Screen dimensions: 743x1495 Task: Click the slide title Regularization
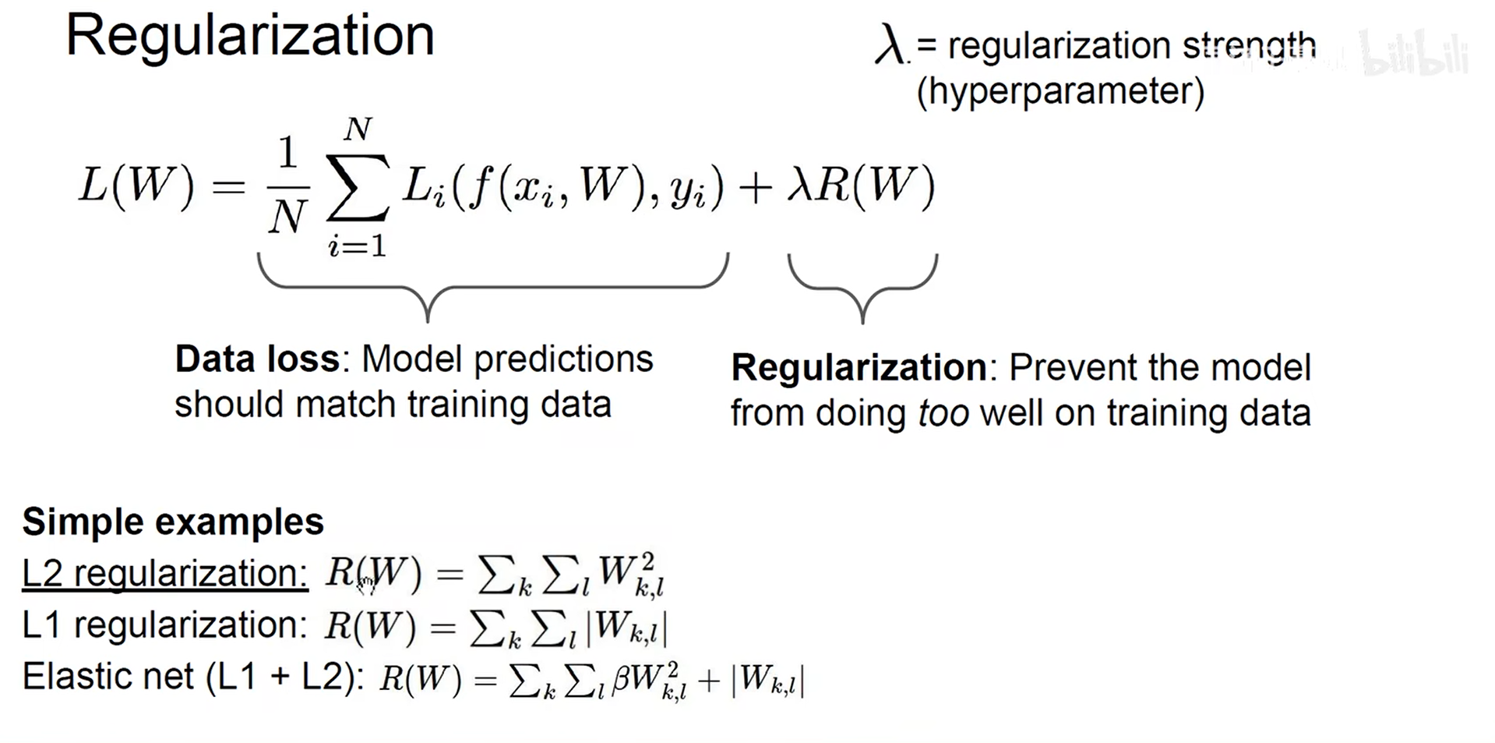[x=249, y=36]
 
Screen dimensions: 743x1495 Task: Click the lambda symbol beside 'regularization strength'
[x=890, y=45]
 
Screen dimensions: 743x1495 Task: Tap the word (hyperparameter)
[x=1060, y=91]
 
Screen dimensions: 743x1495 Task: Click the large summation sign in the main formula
[x=357, y=188]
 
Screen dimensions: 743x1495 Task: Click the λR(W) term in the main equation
[x=860, y=186]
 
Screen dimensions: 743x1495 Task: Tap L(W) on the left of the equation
[x=136, y=186]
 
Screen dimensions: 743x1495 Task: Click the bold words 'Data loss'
[x=256, y=359]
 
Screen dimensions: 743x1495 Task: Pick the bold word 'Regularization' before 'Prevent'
[x=859, y=367]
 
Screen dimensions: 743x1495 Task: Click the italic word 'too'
[x=943, y=413]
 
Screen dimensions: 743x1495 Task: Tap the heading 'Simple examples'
[x=173, y=522]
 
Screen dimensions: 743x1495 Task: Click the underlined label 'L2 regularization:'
[x=165, y=574]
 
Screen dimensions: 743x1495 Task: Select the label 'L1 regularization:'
[x=165, y=625]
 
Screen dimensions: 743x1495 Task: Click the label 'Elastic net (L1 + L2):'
[x=193, y=676]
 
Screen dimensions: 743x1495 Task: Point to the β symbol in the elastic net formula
[x=621, y=679]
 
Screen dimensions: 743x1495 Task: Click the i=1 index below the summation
[x=357, y=246]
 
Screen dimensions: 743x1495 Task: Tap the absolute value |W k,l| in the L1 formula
[x=627, y=628]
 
